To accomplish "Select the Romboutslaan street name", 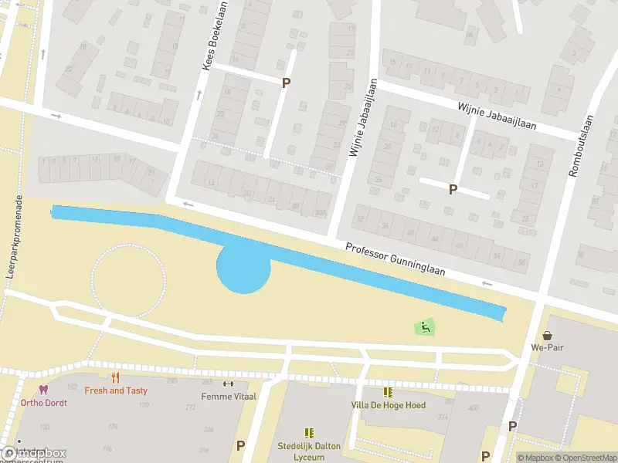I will click(x=581, y=146).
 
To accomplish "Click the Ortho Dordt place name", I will click(x=44, y=403).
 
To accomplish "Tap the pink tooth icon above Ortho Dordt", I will click(x=44, y=390).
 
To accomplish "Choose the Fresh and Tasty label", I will click(x=116, y=390).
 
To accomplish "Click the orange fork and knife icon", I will click(x=116, y=377).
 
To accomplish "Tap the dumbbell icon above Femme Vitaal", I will click(x=227, y=384).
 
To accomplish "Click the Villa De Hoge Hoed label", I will click(x=387, y=405).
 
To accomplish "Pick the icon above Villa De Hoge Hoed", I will click(x=387, y=392).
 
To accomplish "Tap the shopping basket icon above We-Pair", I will click(x=548, y=335).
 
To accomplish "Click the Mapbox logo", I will click(x=34, y=453).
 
